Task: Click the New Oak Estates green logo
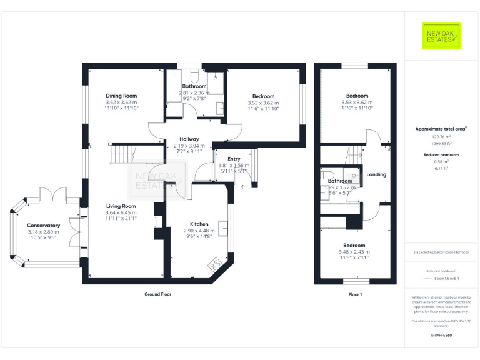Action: (441, 36)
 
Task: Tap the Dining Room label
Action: (121, 95)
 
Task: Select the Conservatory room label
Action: (43, 225)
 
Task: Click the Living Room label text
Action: (121, 206)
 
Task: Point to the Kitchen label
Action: (199, 223)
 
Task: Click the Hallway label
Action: (189, 139)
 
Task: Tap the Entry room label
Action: (234, 159)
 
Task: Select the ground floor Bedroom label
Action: (262, 95)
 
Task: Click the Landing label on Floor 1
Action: (376, 174)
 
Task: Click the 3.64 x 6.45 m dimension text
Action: (121, 212)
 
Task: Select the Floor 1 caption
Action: (355, 294)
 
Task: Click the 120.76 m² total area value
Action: (441, 136)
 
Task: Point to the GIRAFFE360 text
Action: (441, 336)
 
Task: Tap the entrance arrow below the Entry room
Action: (242, 186)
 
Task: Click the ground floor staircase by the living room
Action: (123, 153)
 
